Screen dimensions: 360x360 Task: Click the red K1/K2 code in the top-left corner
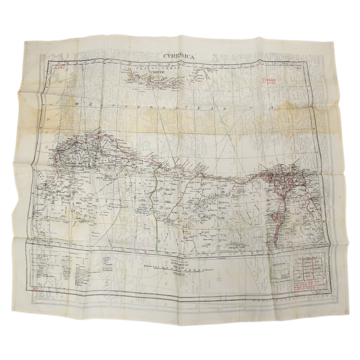[x=59, y=68]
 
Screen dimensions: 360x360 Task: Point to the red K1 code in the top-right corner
[x=298, y=69]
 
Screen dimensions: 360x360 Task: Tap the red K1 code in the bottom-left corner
[x=36, y=289]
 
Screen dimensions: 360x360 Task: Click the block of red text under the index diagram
[x=307, y=286]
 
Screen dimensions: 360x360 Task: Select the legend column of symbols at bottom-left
[x=58, y=270]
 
